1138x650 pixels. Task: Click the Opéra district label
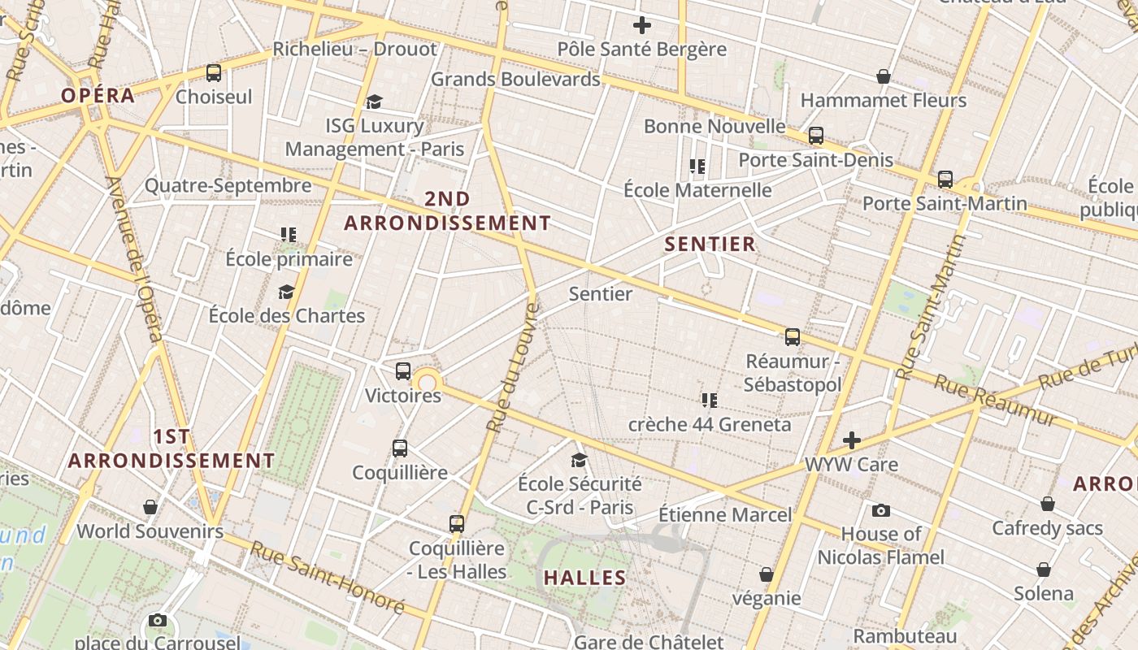click(x=98, y=95)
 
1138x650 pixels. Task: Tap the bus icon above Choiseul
click(x=214, y=73)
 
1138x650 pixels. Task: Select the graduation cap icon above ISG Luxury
click(x=374, y=102)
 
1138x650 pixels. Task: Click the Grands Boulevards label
click(x=515, y=79)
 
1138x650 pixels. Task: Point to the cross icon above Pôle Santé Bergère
click(x=641, y=25)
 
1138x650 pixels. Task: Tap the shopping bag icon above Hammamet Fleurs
click(x=884, y=76)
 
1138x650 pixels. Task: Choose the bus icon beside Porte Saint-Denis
click(x=816, y=136)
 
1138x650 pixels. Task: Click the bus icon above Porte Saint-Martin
click(x=945, y=179)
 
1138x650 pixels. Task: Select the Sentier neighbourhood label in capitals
click(x=710, y=244)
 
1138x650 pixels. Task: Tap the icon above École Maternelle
click(x=697, y=167)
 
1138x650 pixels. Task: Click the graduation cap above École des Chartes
click(x=286, y=292)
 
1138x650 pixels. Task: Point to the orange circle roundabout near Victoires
click(x=427, y=382)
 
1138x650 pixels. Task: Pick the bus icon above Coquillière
click(x=400, y=448)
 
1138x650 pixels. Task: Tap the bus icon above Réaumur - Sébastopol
click(x=793, y=336)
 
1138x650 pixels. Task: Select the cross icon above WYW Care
click(x=851, y=440)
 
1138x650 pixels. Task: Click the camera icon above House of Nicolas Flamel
click(x=880, y=510)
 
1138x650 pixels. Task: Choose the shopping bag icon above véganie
click(x=766, y=574)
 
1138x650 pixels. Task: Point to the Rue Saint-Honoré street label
click(x=327, y=577)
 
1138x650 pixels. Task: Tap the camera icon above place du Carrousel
click(x=158, y=621)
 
